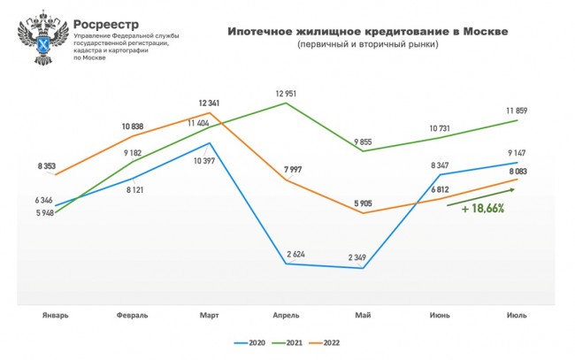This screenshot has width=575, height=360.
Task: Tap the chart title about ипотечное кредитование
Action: (367, 31)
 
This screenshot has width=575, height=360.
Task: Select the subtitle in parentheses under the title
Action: (367, 44)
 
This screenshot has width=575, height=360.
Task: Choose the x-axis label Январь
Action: (56, 315)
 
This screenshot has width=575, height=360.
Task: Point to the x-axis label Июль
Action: (516, 315)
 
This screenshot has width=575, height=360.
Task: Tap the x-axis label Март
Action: (210, 315)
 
